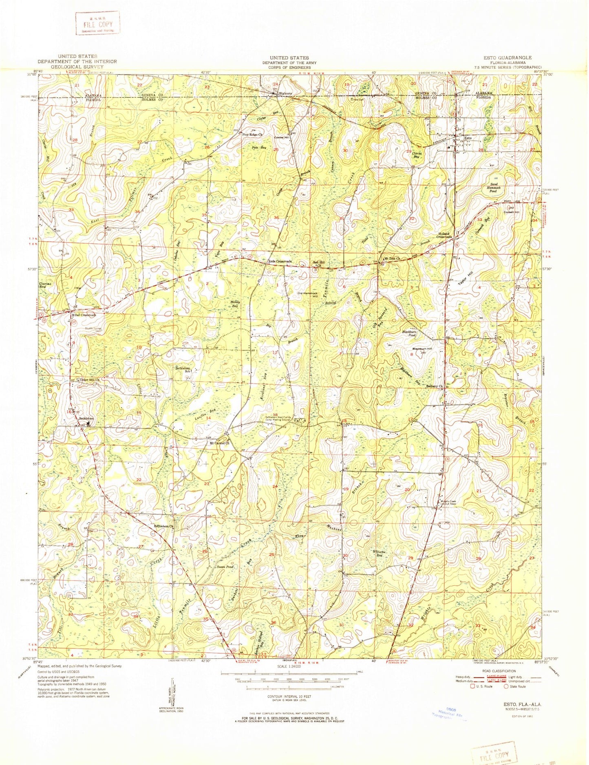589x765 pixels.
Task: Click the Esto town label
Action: click(x=468, y=138)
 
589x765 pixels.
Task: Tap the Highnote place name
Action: click(x=285, y=93)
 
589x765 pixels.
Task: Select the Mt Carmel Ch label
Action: click(x=220, y=443)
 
